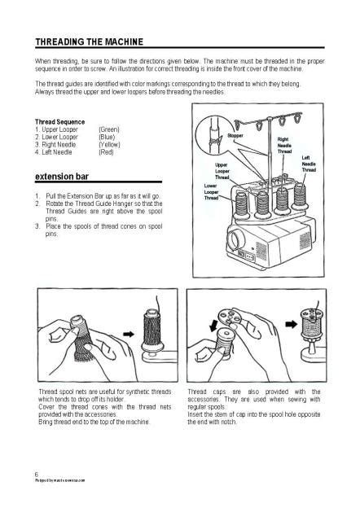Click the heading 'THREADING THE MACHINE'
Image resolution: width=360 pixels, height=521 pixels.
tap(90, 42)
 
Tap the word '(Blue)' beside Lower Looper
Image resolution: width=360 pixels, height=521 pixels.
tap(108, 137)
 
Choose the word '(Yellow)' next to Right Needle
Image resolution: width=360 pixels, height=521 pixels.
tap(110, 144)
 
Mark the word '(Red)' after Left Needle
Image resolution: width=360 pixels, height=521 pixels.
tap(106, 151)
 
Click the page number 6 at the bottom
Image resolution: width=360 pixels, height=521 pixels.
tap(37, 473)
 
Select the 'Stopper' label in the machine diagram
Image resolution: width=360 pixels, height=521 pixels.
tap(236, 134)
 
